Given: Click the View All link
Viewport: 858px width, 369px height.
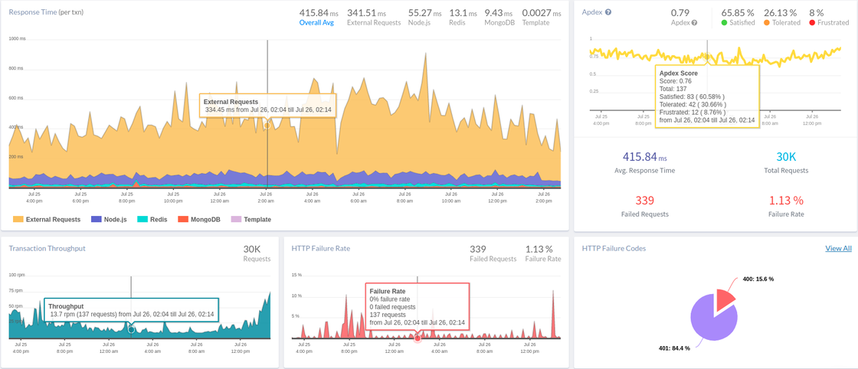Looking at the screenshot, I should coord(838,248).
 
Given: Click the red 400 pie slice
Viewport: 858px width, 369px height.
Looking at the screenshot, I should coord(724,299).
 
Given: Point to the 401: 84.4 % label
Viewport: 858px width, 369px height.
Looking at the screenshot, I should coord(674,348).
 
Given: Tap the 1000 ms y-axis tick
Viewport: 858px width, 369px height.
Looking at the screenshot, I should coord(16,38).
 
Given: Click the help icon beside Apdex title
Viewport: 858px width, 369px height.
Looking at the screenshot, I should coord(608,13).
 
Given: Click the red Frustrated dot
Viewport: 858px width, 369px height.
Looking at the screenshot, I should coord(813,23).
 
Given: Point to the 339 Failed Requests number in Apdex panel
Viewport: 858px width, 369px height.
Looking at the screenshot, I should coord(644,201).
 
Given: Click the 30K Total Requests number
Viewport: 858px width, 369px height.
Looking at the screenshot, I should coord(787,157).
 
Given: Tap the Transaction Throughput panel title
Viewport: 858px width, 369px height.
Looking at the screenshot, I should coord(47,248).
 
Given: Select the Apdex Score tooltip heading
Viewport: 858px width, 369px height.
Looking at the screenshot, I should coord(678,73).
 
